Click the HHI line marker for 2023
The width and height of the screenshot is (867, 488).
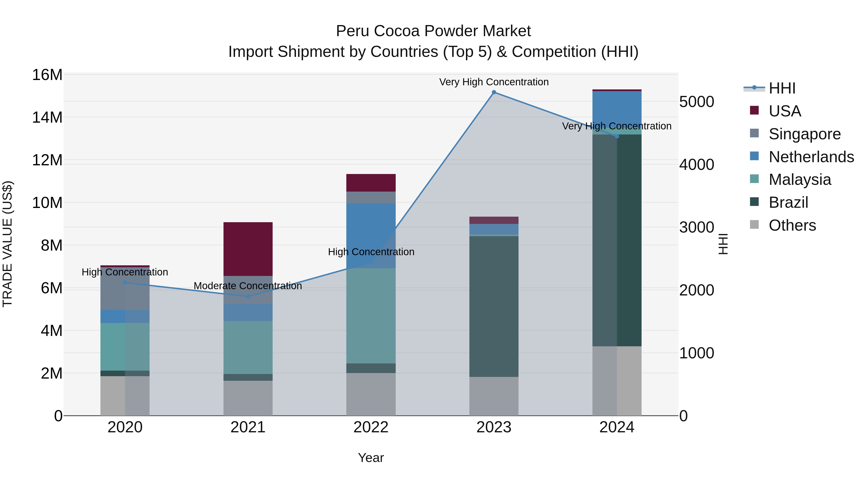[x=494, y=92]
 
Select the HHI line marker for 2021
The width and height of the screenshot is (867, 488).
[x=248, y=296]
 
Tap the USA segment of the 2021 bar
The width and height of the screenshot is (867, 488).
[x=248, y=249]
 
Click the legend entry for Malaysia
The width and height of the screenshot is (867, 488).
[x=800, y=180]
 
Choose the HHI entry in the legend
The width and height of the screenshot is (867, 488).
[x=782, y=88]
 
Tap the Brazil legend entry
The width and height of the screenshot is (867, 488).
[x=788, y=202]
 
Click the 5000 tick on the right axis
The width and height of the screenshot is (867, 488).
[x=696, y=102]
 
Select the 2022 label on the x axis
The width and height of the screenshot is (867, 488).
[x=371, y=427]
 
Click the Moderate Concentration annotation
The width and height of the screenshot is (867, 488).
[x=248, y=286]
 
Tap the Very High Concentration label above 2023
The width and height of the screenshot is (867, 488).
[x=494, y=82]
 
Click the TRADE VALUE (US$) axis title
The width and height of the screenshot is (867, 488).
[x=7, y=244]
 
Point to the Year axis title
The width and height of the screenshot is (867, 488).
[x=371, y=458]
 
